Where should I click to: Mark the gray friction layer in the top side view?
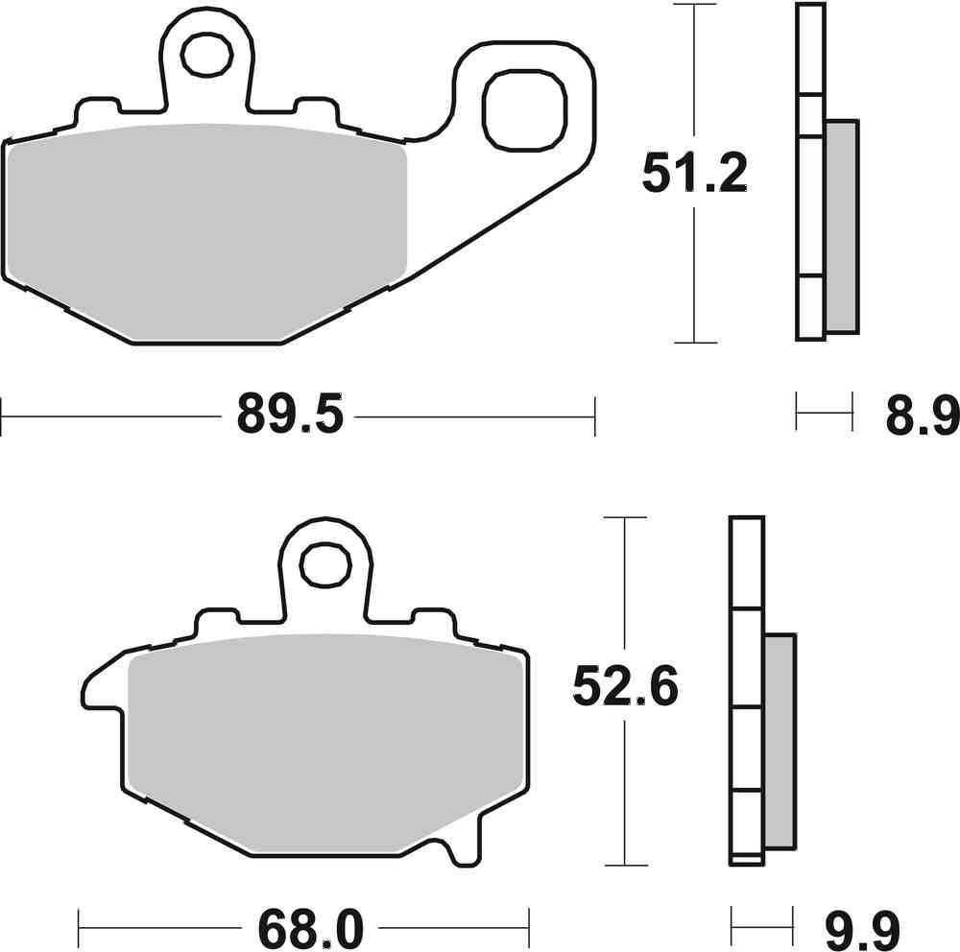click(x=841, y=226)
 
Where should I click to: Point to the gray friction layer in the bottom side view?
click(x=780, y=739)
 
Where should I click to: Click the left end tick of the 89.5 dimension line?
click(x=2, y=416)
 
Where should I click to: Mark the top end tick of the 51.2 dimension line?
click(x=693, y=5)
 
